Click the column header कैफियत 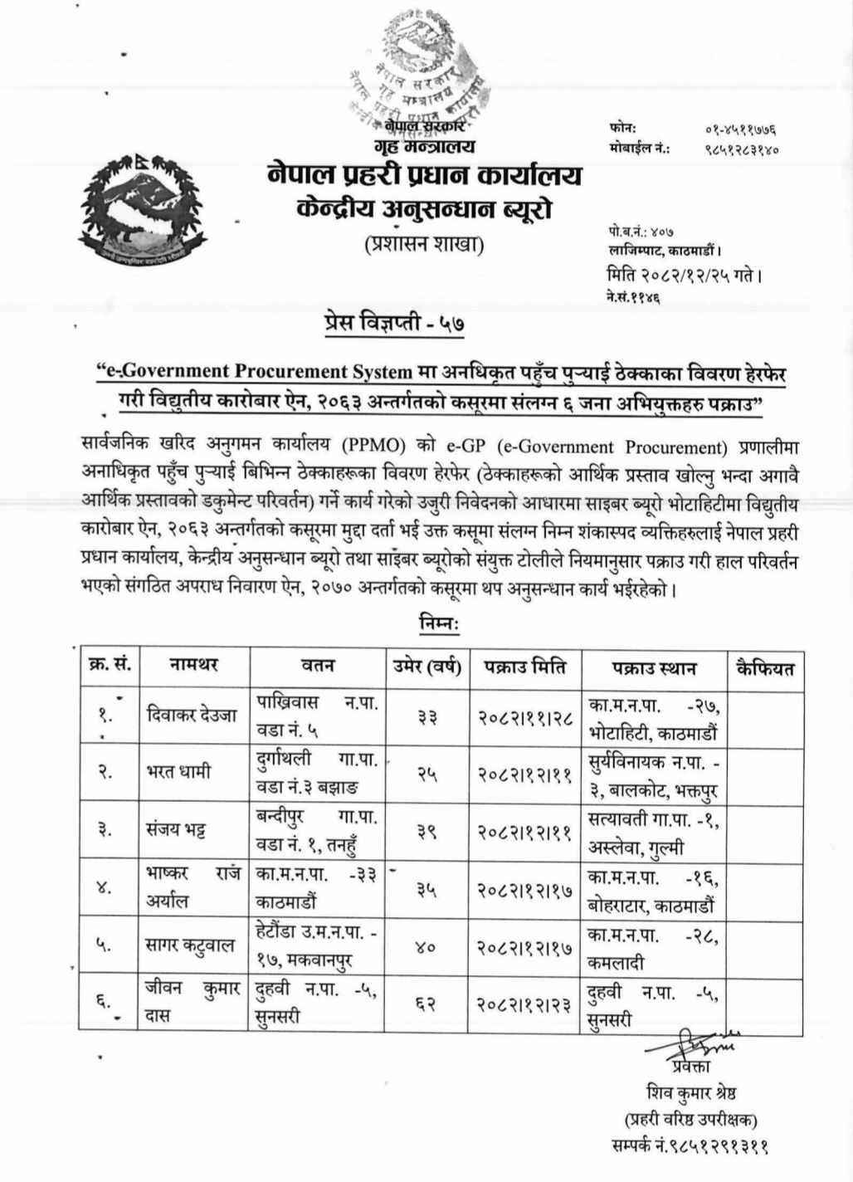pos(765,667)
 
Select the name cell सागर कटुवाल pos(190,945)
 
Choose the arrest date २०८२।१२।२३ pos(525,1003)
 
